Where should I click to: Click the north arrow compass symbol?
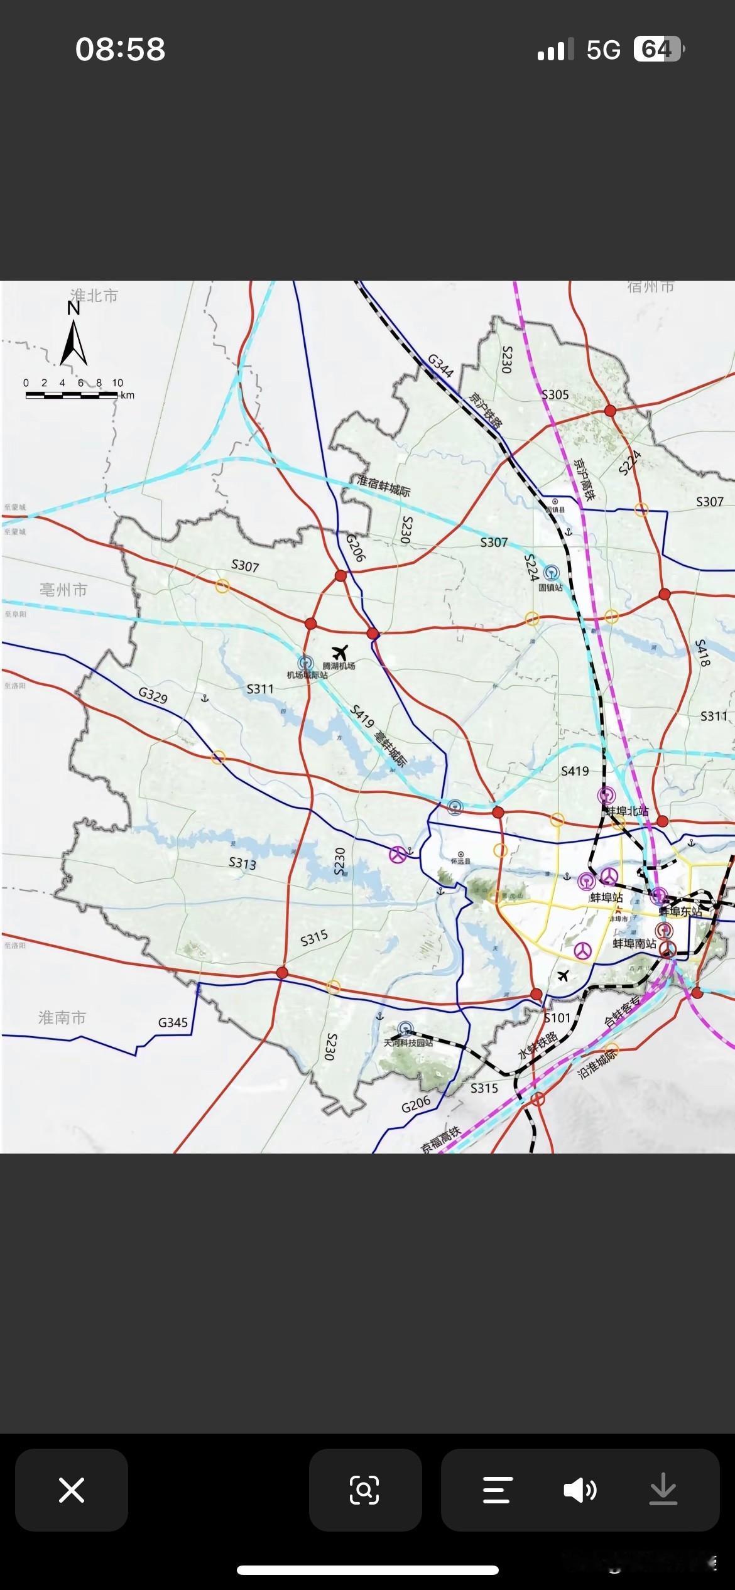pyautogui.click(x=73, y=335)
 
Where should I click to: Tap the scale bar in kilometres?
pyautogui.click(x=72, y=395)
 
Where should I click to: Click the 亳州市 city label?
pyautogui.click(x=63, y=590)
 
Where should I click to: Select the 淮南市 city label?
pyautogui.click(x=62, y=1018)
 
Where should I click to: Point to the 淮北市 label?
pyautogui.click(x=94, y=296)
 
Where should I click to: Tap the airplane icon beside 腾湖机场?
pyautogui.click(x=340, y=652)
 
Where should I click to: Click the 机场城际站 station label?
pyautogui.click(x=307, y=675)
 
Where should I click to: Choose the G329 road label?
pyautogui.click(x=153, y=695)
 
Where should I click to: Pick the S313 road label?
pyautogui.click(x=242, y=863)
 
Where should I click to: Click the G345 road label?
pyautogui.click(x=173, y=1022)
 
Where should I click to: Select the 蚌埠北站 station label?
pyautogui.click(x=627, y=811)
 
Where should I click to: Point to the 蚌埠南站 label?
pyautogui.click(x=634, y=944)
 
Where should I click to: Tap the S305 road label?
pyautogui.click(x=555, y=394)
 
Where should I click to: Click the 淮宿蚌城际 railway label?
pyautogui.click(x=383, y=486)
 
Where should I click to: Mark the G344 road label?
pyautogui.click(x=440, y=365)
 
